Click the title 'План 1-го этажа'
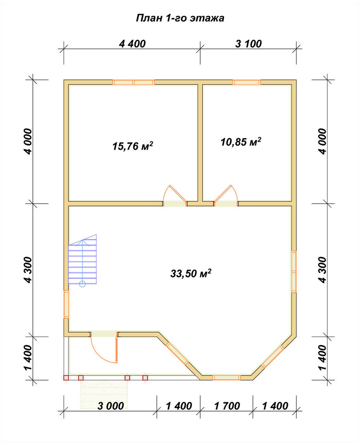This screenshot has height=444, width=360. (180, 18)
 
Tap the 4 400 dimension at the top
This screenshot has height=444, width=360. (132, 44)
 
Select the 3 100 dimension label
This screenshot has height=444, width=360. (248, 44)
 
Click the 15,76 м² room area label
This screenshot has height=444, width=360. (133, 146)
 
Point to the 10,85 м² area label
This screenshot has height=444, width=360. (241, 142)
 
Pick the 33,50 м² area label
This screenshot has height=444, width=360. (191, 274)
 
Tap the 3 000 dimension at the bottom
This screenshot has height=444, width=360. (111, 406)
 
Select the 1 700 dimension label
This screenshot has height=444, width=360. (227, 406)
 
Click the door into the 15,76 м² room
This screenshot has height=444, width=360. (175, 196)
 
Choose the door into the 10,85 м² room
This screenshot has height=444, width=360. (226, 196)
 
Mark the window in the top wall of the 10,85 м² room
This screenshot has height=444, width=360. (247, 83)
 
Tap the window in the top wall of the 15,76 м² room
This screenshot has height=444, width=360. (133, 83)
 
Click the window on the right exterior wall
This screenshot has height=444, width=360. (294, 272)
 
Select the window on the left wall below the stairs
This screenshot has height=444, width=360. (66, 305)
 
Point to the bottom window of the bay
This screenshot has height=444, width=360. (227, 377)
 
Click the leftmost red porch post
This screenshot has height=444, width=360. (66, 377)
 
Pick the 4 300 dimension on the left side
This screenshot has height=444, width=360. (28, 270)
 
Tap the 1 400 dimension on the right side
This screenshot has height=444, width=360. (322, 357)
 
